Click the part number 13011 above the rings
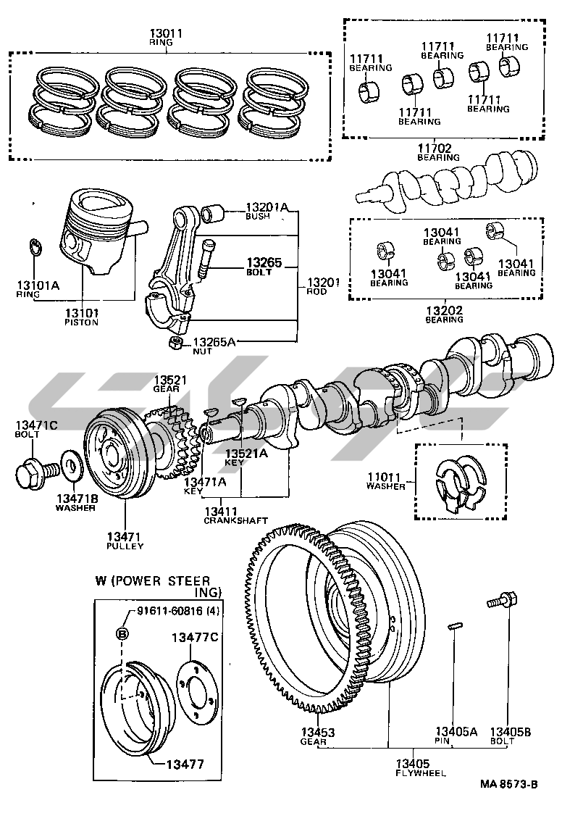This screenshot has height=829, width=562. (166, 33)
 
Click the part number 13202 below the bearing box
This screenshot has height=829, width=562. (444, 310)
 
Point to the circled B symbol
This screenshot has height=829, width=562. (123, 635)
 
